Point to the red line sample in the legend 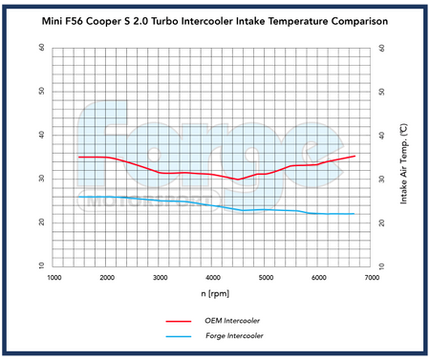coord(178,322)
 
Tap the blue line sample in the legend coord(178,336)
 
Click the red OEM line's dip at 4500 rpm coord(239,179)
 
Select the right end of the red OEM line coord(355,156)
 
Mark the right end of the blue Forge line coord(355,214)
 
